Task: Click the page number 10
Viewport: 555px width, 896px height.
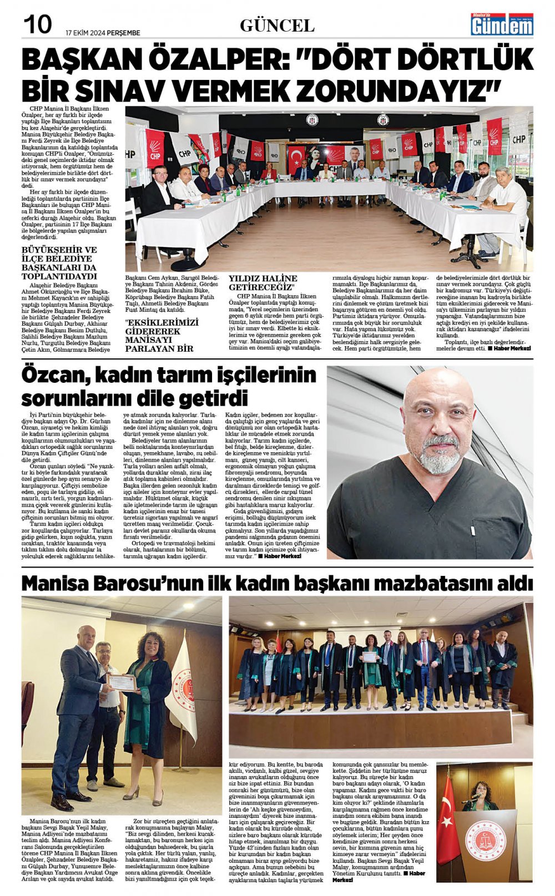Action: (37, 24)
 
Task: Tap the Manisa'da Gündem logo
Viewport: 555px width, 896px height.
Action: (502, 24)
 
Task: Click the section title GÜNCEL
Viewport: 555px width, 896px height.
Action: (277, 26)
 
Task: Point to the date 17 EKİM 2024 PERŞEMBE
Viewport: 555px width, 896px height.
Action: (103, 33)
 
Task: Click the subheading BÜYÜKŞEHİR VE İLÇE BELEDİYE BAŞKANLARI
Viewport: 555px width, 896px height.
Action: (59, 262)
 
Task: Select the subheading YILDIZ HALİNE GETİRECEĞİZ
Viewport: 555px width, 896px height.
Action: (263, 282)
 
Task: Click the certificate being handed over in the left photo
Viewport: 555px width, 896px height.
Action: (122, 682)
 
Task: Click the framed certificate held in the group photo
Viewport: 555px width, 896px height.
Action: (370, 657)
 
